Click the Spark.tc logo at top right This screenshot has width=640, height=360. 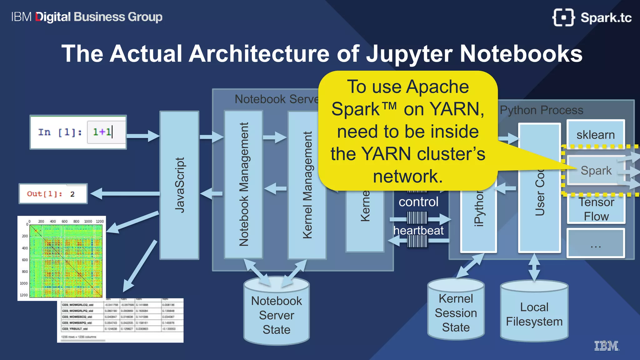pos(592,17)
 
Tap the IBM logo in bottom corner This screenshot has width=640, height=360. pos(606,346)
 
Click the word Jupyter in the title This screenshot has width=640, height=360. pos(409,54)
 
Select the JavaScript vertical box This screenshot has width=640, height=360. pos(179,185)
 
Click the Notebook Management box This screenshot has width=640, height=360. pos(243,184)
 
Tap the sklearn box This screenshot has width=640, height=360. pos(596,134)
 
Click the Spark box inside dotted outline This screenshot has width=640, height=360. pos(596,170)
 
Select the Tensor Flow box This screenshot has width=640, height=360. pos(596,209)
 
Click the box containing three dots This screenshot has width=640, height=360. pos(596,243)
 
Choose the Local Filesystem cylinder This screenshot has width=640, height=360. pos(534,314)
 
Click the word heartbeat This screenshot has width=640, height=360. pos(418,230)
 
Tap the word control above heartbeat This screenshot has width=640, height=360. pos(418,202)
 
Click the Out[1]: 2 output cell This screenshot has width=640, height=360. pos(53,194)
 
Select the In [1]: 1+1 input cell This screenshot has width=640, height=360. pos(78,132)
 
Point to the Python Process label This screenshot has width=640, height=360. pos(541,110)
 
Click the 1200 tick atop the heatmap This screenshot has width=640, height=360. pos(100,221)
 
